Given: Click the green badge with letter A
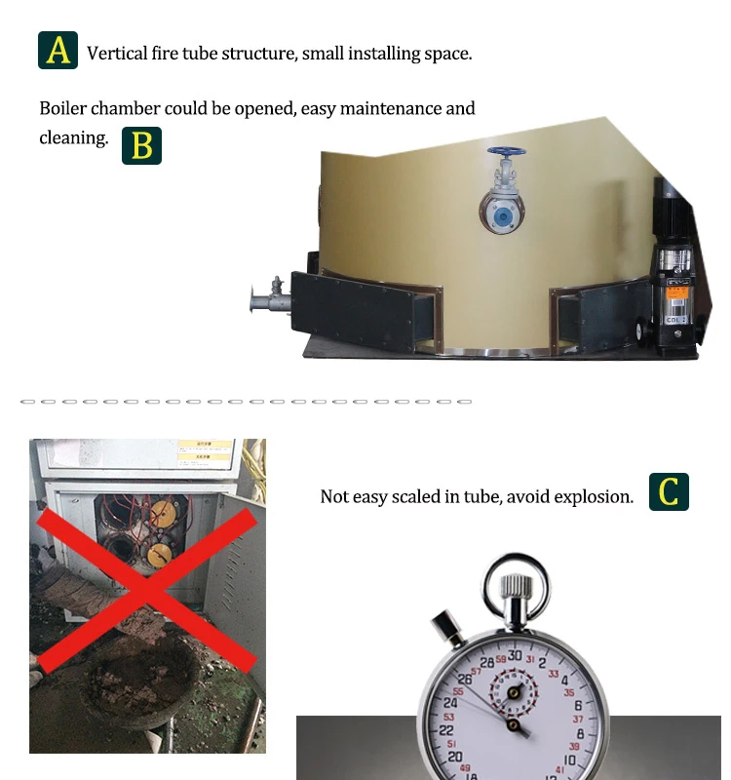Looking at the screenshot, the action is pos(58,51).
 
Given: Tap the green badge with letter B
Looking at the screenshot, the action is pos(141,145).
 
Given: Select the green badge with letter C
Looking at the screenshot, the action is pos(669,491).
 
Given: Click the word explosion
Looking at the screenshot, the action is pos(594,497).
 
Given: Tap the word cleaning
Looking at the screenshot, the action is pos(74,138).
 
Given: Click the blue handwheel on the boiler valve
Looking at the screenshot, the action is pos(506,151).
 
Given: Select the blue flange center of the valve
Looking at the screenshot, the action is pos(503,216).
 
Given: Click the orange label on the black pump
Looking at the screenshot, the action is pos(676,292).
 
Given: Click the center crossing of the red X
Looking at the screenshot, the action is pos(146,591).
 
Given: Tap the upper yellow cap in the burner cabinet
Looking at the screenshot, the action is pos(162,514).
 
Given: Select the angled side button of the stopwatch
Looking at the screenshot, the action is pos(447,628).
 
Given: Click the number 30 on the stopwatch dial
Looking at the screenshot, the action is pos(515,656).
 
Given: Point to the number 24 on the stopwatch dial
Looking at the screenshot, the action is pos(450,703).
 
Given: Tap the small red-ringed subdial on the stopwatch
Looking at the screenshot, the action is pos(514,692).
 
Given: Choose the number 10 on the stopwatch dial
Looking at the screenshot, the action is pos(569,760).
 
